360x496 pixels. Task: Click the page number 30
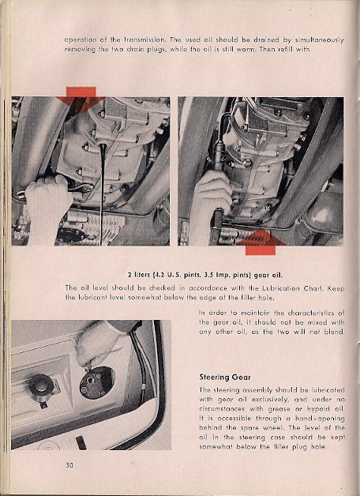click(x=69, y=465)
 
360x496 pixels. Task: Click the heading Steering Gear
click(x=225, y=377)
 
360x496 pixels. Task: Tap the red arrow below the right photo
click(x=261, y=242)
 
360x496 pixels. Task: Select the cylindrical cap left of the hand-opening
click(x=41, y=385)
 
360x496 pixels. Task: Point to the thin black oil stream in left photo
click(x=102, y=194)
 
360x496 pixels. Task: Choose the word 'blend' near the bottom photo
click(x=334, y=332)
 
